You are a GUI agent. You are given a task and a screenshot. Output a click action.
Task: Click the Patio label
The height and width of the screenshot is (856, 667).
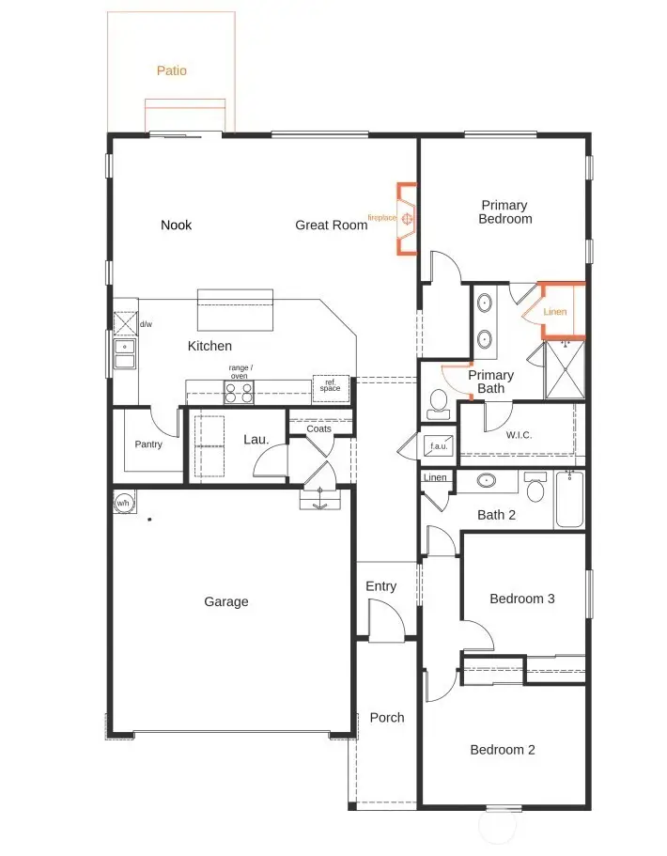pos(171,70)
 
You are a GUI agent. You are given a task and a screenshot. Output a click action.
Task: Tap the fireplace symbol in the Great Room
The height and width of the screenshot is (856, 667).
pos(408,219)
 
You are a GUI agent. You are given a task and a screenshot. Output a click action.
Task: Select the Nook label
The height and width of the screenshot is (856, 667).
pos(176,225)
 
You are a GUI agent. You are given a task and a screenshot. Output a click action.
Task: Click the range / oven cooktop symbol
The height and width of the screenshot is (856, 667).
pos(239,393)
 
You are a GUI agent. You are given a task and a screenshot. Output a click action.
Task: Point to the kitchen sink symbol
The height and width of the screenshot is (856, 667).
pos(124,354)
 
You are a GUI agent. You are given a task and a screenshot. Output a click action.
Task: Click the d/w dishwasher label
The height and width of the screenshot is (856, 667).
pos(146,324)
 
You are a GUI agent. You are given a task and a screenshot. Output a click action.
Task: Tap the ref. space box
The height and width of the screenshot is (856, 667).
pos(331,387)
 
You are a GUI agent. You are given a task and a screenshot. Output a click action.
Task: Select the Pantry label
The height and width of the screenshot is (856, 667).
pos(148,444)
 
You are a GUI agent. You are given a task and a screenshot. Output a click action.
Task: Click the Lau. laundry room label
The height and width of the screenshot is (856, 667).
pos(256,439)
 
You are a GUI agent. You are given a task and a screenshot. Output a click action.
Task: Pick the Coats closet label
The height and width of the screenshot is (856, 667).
pos(319,428)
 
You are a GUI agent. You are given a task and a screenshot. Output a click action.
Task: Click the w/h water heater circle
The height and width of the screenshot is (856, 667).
pos(123,504)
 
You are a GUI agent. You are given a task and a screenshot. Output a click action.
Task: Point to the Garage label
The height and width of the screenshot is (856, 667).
pos(226,601)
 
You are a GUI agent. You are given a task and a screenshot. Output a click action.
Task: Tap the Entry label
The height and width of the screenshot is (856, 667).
pos(380,586)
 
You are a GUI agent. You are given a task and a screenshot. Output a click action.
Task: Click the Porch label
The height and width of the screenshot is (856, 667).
pos(386,717)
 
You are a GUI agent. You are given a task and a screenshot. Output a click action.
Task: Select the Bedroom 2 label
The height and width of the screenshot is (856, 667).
pos(503,750)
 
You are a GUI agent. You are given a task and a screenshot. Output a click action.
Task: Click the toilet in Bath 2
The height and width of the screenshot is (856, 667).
pos(535,488)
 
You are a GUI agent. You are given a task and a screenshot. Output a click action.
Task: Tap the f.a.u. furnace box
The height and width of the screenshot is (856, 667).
pos(438,444)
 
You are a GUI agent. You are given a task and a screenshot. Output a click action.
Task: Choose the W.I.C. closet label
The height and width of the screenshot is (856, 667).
pos(520,435)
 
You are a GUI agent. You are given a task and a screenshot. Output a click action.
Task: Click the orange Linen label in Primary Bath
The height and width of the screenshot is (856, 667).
pos(555,312)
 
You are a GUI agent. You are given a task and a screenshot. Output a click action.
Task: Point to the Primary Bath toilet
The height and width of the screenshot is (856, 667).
pos(437,404)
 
